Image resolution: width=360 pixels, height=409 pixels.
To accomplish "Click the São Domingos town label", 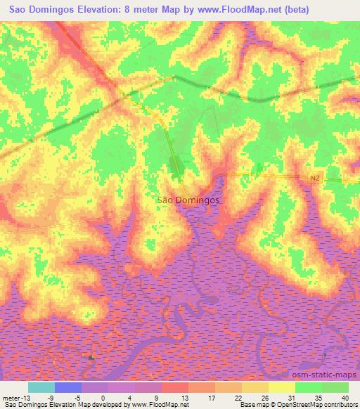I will click(187, 200).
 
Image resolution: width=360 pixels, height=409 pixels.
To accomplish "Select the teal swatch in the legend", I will click(41, 387).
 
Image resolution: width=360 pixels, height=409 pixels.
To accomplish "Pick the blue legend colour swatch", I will click(68, 387).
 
